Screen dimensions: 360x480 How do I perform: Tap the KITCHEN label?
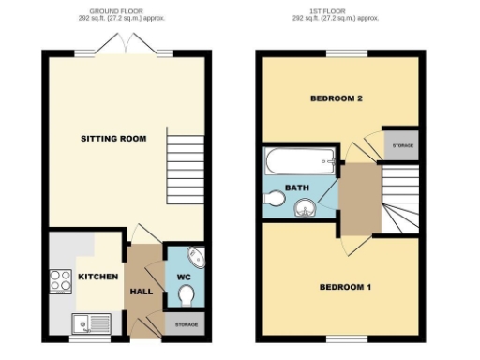pyautogui.click(x=97, y=277)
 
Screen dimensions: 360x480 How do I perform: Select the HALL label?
pyautogui.click(x=142, y=292)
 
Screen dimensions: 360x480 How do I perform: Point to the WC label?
pyautogui.click(x=185, y=277)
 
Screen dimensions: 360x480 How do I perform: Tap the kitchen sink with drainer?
pyautogui.click(x=90, y=325)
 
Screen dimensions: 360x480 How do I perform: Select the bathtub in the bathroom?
pyautogui.click(x=299, y=162)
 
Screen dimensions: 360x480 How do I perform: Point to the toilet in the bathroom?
pyautogui.click(x=276, y=199)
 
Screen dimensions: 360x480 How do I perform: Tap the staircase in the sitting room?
pyautogui.click(x=186, y=165)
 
